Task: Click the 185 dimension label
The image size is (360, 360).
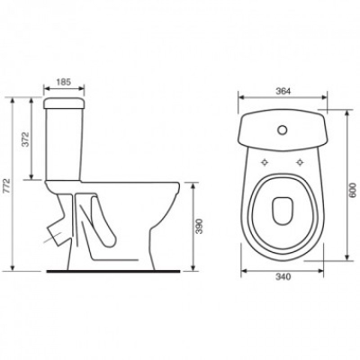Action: click(x=64, y=82)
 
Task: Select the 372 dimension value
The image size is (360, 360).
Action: click(x=26, y=139)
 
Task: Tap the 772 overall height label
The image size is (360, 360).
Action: click(x=7, y=186)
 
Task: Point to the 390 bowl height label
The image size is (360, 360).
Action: click(x=200, y=226)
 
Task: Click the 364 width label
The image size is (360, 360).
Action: click(x=283, y=92)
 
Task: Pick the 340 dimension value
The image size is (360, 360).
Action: click(x=283, y=277)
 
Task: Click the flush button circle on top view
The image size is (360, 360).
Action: click(x=282, y=130)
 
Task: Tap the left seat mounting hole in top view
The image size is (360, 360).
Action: click(x=265, y=162)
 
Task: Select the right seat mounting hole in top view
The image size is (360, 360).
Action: click(x=299, y=162)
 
